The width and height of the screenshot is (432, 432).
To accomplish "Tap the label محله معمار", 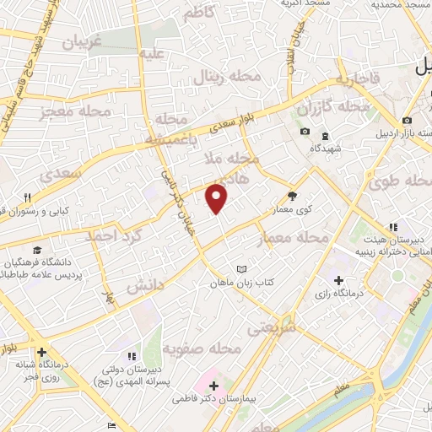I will (293, 239).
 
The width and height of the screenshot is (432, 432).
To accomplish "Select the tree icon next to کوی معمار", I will (293, 192).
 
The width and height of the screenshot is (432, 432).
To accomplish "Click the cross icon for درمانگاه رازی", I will (338, 280).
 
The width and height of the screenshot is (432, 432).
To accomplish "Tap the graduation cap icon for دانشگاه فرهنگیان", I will (37, 250).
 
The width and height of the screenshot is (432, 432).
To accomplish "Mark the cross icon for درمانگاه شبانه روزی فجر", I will (40, 352).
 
